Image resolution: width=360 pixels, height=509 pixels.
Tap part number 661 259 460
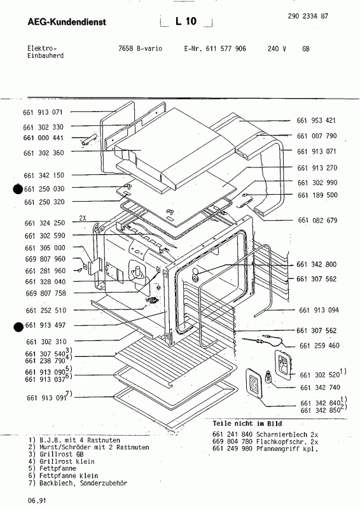coord(317,345)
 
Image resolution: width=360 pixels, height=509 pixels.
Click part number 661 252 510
coord(45,310)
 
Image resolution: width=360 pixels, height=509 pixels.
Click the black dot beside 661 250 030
coord(17,188)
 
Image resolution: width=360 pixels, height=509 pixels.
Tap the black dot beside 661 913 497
coord(17,326)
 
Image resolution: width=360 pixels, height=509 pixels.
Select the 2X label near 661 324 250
coord(83,217)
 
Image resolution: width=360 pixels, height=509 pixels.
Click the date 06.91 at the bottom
coord(36,501)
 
